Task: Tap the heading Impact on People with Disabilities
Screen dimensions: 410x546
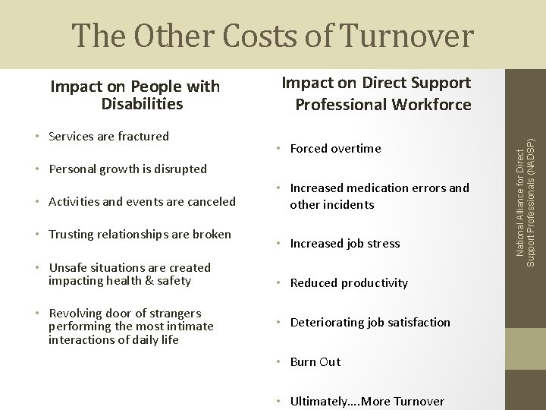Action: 135,95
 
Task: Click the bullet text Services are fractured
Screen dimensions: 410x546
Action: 108,137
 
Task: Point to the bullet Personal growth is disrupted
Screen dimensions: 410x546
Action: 127,169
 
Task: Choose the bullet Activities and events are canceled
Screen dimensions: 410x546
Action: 142,201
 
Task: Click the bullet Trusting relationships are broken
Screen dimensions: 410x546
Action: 139,234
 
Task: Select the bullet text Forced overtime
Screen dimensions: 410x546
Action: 335,149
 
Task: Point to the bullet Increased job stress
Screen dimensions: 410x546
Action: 344,244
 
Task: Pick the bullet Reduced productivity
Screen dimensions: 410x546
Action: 349,283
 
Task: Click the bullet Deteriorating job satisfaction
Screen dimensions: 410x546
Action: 370,323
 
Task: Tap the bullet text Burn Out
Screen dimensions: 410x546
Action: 315,362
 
